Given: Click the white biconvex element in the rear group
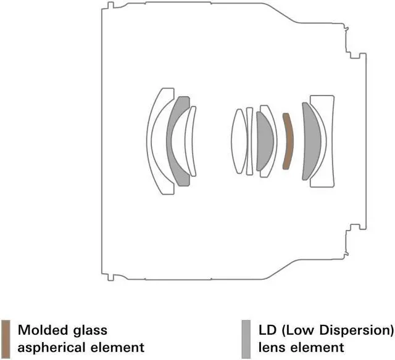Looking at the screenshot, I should pyautogui.click(x=239, y=141).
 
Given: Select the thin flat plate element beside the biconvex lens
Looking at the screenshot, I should pyautogui.click(x=249, y=141).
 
